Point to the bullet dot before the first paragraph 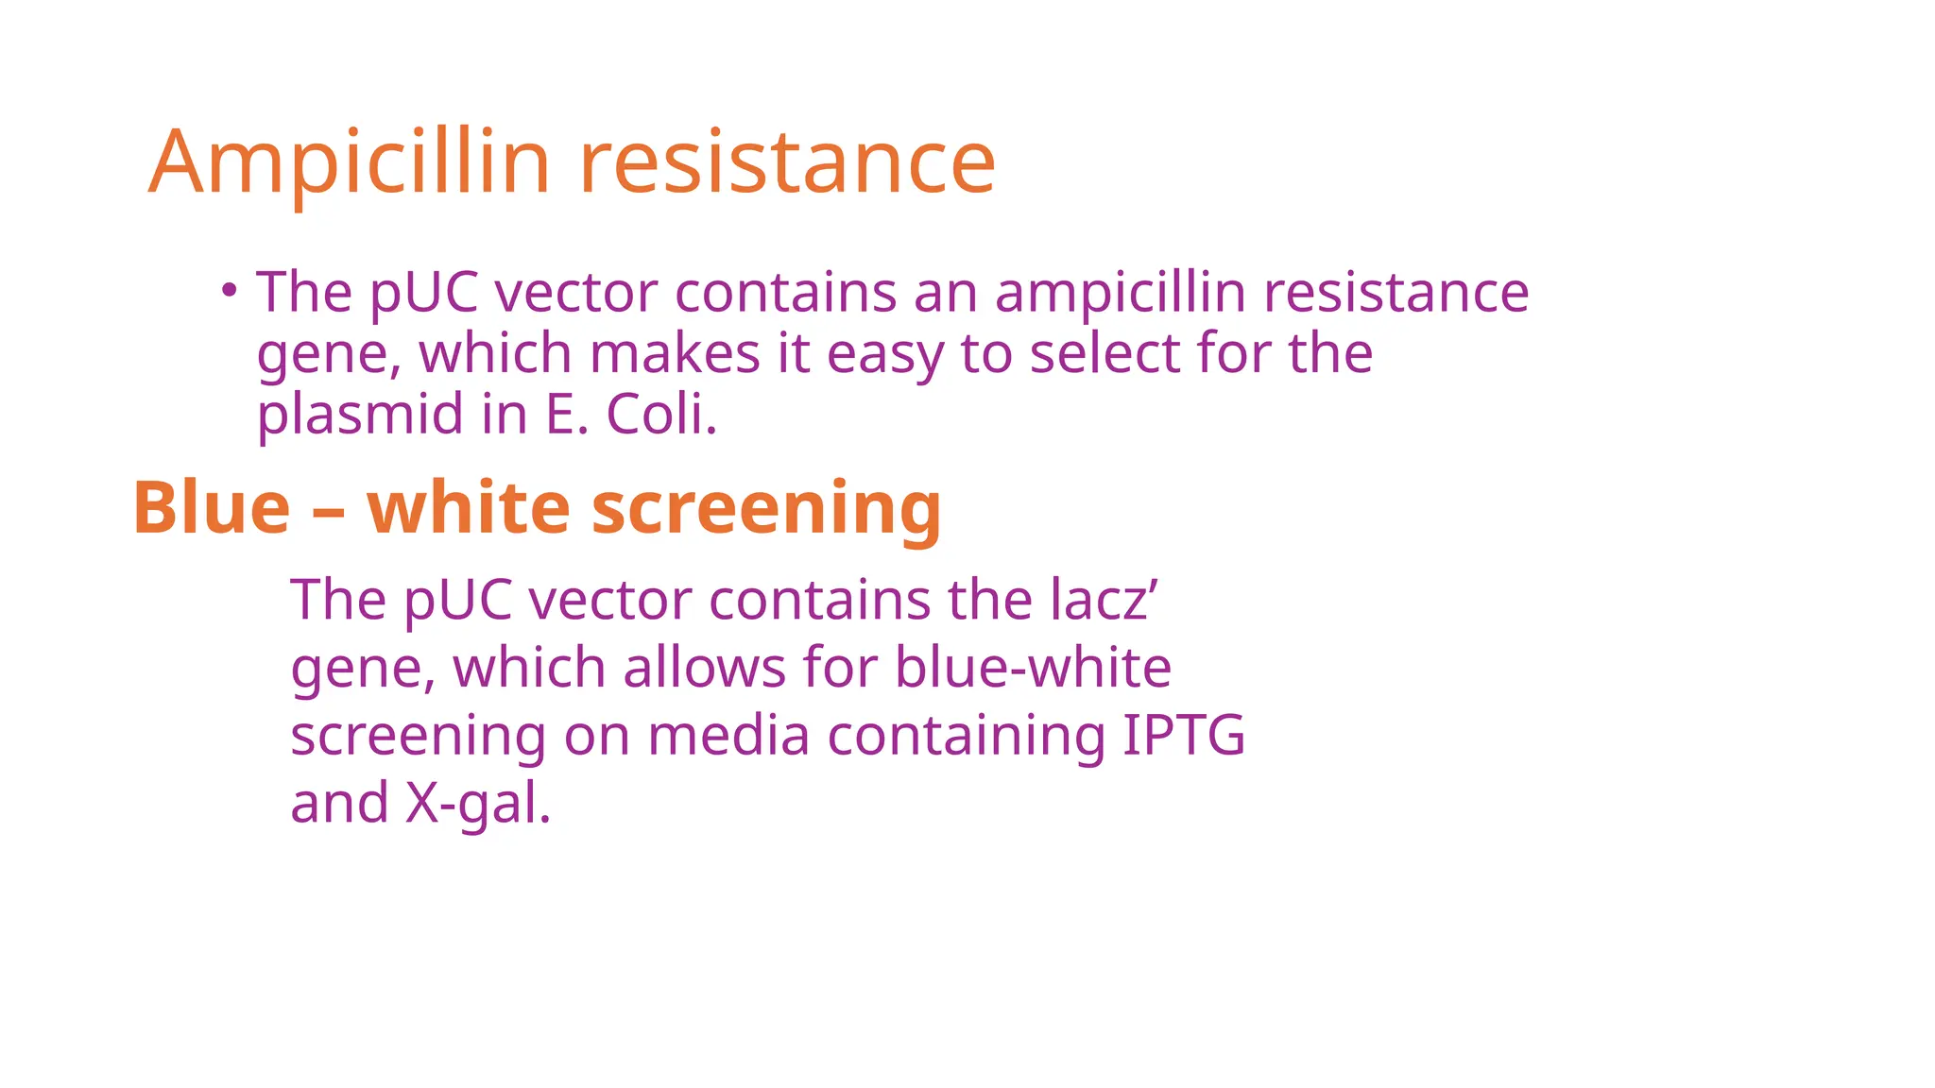tap(228, 290)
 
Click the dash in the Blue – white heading tap(328, 510)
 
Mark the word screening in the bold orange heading tap(766, 510)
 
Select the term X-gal tap(477, 804)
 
